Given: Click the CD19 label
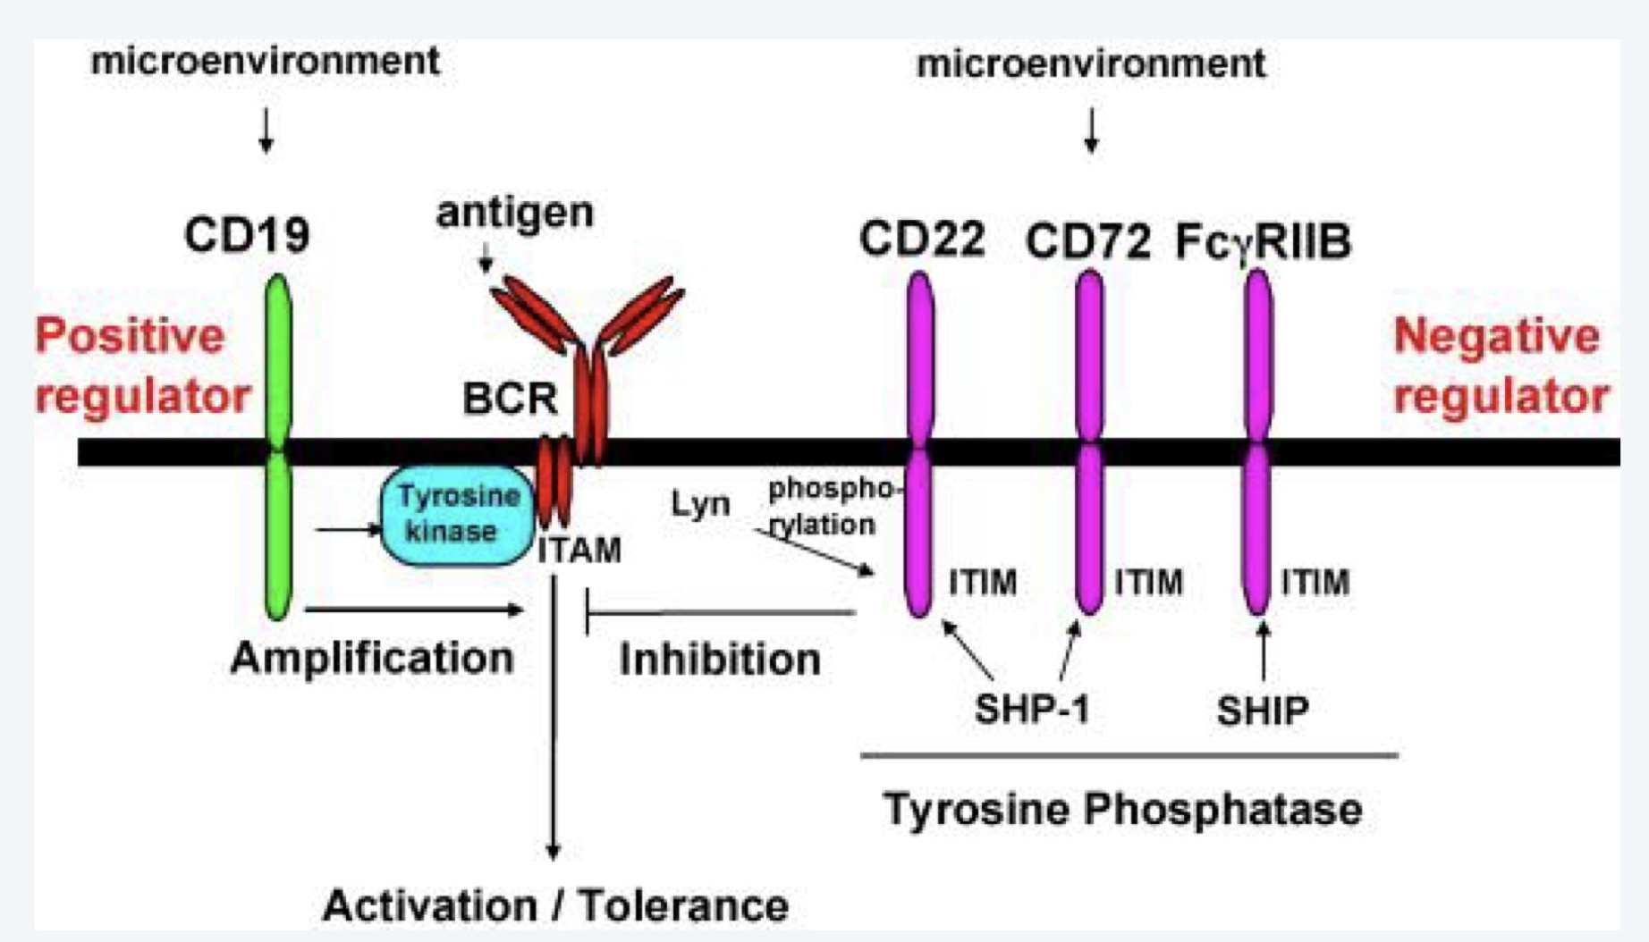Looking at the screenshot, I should click(x=247, y=235).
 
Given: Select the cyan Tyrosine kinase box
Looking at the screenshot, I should click(x=457, y=515).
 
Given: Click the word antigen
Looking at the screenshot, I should click(x=514, y=213).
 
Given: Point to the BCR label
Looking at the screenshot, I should click(x=510, y=398).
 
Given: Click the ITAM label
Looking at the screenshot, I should click(x=579, y=550).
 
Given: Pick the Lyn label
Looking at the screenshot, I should click(x=700, y=504).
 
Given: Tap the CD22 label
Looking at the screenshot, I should click(x=922, y=239).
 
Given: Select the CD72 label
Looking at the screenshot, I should click(x=1087, y=241).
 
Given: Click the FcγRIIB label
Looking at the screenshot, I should click(x=1263, y=241).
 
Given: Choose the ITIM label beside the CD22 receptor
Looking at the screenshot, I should click(x=983, y=583).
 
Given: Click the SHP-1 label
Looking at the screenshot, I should click(x=1032, y=710).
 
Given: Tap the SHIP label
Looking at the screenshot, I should click(x=1263, y=711).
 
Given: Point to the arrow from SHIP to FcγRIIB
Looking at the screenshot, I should click(x=1263, y=651).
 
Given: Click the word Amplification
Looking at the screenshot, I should click(x=372, y=659).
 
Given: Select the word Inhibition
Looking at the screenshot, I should click(x=720, y=660).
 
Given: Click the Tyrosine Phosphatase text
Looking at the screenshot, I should click(x=1123, y=810).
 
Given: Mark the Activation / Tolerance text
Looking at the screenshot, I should click(x=555, y=905).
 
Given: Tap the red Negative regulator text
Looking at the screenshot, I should click(x=1501, y=366).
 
